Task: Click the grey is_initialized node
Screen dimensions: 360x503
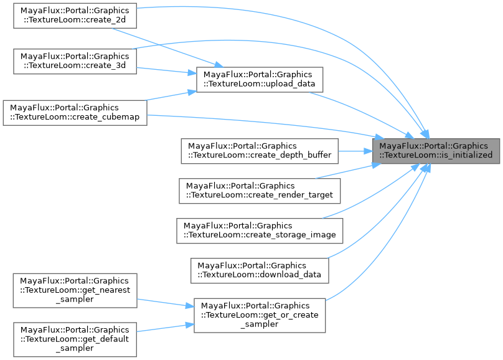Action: (436, 150)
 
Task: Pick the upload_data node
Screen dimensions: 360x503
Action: (260, 78)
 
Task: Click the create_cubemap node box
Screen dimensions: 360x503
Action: (75, 113)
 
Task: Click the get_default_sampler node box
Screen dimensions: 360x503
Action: (75, 339)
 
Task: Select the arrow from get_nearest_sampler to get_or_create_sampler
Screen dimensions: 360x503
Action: (165, 303)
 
